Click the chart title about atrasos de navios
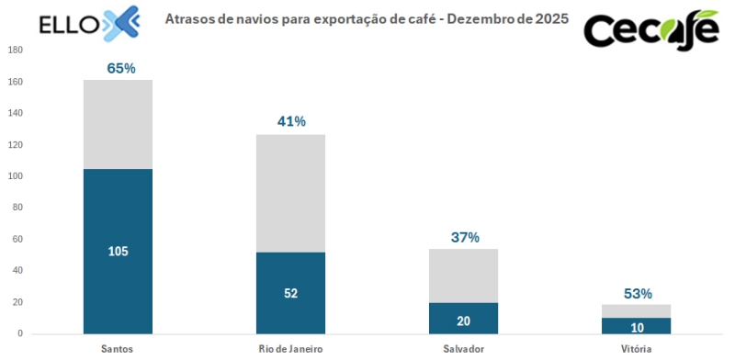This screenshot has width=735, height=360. point(366,18)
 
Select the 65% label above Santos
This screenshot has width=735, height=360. point(121,68)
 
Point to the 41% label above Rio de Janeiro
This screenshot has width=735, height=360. point(291,121)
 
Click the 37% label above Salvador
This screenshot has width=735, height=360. point(465,237)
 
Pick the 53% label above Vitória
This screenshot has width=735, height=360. point(637,294)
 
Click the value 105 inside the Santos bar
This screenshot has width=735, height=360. point(118,252)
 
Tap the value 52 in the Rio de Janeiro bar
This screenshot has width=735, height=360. point(290,293)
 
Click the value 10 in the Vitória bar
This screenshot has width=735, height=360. point(636,327)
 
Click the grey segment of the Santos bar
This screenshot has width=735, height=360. point(118,124)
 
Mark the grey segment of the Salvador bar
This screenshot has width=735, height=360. point(463,276)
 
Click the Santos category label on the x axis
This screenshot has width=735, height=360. point(118,349)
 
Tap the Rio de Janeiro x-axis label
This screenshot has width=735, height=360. point(290,349)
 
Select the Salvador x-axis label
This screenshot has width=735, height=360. point(463,349)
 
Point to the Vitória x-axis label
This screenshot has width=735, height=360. point(636,349)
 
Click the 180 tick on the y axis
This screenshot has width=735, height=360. point(16,51)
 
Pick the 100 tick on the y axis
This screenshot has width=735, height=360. point(16,176)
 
